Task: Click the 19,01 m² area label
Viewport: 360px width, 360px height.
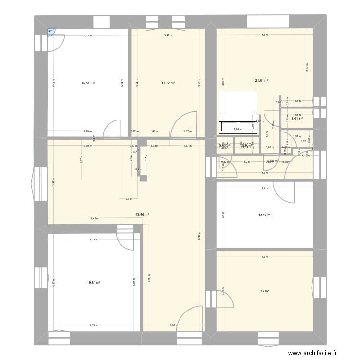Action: coord(88,83)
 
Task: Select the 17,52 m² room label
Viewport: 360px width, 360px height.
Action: coord(168,83)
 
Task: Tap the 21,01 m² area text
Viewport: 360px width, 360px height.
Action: coord(262,81)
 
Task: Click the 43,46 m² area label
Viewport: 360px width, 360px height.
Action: coord(143,215)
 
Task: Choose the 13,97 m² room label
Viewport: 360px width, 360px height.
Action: coord(265,215)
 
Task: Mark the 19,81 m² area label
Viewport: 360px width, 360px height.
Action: coord(94,283)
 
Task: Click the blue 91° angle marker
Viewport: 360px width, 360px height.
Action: coord(51,32)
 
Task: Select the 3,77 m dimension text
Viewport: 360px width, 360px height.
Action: coord(88,35)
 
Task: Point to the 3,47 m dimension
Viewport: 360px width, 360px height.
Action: coord(168,35)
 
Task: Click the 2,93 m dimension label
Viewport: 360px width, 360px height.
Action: coord(174,325)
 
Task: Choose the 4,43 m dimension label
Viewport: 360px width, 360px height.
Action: coord(94,219)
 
